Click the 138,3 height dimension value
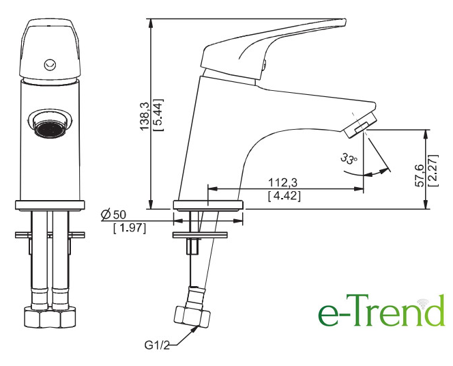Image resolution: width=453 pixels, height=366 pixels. pos(145,116)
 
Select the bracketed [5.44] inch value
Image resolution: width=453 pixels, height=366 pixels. pos(158,115)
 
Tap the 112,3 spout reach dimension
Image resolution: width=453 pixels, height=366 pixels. pos(283,183)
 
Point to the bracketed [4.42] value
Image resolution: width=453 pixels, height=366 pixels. pos(284,196)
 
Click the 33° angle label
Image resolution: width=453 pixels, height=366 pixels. pos(349,158)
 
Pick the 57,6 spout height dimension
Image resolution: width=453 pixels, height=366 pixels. pos(419,175)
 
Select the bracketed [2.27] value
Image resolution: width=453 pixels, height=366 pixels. pos(434,170)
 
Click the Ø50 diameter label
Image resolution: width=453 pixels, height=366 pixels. pos(113,214)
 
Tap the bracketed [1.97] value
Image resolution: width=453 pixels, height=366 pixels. pos(130,228)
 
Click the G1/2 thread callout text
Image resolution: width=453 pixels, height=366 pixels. pos(157,345)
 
